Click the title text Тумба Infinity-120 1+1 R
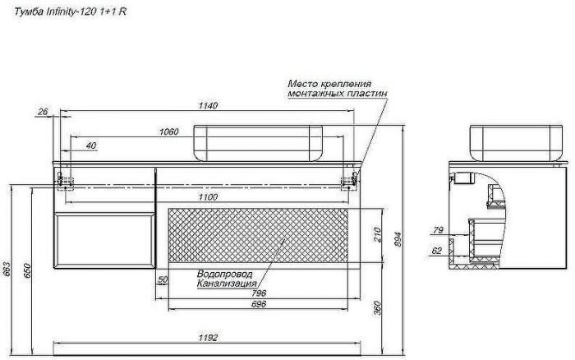point(70,12)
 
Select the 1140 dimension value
point(208,106)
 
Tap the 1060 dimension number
point(168,132)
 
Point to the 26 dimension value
point(43,111)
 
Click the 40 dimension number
point(91,145)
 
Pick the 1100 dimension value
point(208,197)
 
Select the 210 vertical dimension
point(377,235)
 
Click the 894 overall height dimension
point(398,239)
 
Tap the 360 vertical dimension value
point(377,308)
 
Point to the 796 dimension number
point(259,293)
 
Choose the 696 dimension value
point(259,304)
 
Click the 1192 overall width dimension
point(208,338)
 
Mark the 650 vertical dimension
point(27,271)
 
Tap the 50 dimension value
point(163,279)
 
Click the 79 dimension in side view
point(438,230)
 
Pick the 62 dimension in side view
point(437,251)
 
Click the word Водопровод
point(224,274)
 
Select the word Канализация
point(227,284)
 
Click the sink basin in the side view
point(516,143)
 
